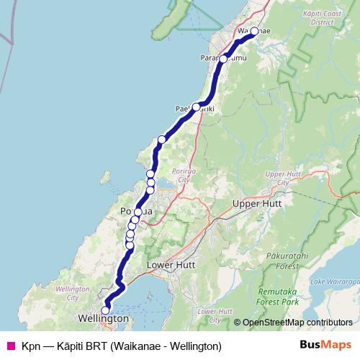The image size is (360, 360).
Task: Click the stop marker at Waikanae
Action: click(254, 31)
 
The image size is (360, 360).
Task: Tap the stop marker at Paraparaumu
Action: click(223, 58)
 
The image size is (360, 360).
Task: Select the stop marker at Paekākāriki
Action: click(196, 107)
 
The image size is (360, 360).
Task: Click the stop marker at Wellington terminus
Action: click(105, 310)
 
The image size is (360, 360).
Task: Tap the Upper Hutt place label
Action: click(256, 204)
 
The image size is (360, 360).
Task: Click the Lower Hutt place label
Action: click(171, 265)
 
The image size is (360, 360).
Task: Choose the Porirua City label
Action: click(177, 163)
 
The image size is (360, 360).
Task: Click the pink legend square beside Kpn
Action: click(11, 346)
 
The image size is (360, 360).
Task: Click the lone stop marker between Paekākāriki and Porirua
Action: click(162, 140)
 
